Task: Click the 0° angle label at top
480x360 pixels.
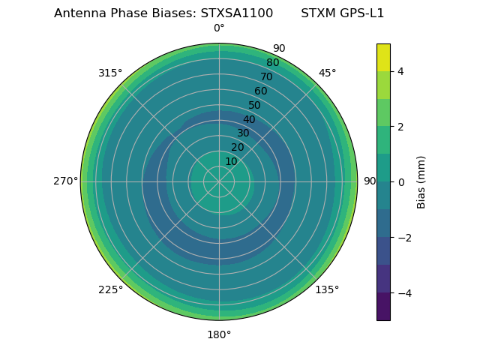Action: point(219,28)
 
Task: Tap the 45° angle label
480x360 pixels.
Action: point(327,73)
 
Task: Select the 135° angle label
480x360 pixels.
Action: point(327,289)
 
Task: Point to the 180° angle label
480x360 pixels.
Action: point(219,334)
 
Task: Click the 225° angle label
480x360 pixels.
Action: point(110,289)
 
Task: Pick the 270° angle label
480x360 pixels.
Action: point(65,181)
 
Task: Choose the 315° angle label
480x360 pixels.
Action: point(110,73)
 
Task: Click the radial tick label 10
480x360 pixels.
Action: point(231,162)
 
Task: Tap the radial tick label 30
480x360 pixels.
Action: point(243,133)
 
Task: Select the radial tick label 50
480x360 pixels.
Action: point(254,106)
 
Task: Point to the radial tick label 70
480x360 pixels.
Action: point(266,77)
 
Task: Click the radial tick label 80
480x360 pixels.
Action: point(272,63)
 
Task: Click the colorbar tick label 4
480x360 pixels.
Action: point(400,71)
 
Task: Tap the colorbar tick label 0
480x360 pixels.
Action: point(400,181)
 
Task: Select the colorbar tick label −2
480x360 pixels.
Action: point(403,237)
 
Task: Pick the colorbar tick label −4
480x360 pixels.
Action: point(403,292)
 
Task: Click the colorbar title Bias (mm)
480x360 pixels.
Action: point(421,181)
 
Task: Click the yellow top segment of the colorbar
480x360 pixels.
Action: point(383,57)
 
